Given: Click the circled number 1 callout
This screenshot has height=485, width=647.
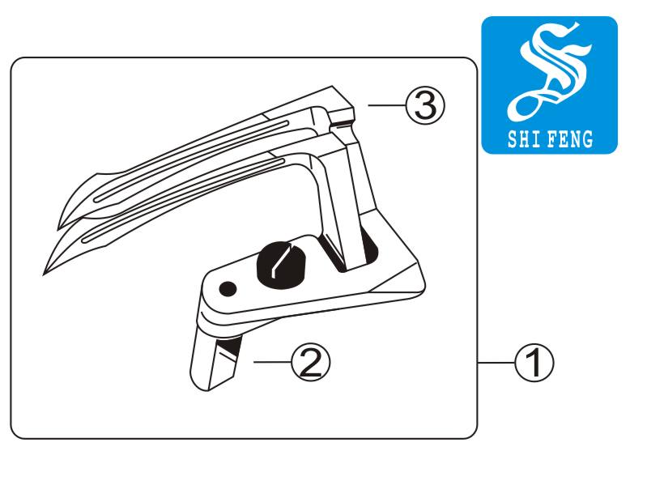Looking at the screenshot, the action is coord(534,363).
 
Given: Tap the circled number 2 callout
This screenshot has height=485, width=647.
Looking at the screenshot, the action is coord(311,362).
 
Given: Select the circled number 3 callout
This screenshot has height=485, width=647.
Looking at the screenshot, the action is coord(425,106).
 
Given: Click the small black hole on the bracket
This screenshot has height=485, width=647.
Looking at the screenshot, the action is coord(228,289).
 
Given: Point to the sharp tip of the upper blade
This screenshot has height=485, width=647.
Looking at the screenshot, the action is coord(57,230).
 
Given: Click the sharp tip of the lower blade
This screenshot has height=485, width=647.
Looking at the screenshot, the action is coord(44,274).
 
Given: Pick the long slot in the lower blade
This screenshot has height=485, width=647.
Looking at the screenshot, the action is coord(184,200).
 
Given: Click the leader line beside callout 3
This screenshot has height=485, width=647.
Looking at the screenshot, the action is coord(387,105).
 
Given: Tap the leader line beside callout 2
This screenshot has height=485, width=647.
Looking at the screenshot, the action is coord(272,362).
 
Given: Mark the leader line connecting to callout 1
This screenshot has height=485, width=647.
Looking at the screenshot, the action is coord(496,363).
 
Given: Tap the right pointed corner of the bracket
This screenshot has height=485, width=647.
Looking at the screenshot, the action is coord(424,284).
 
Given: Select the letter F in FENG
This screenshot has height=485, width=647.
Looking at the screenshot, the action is coord(552,139).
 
